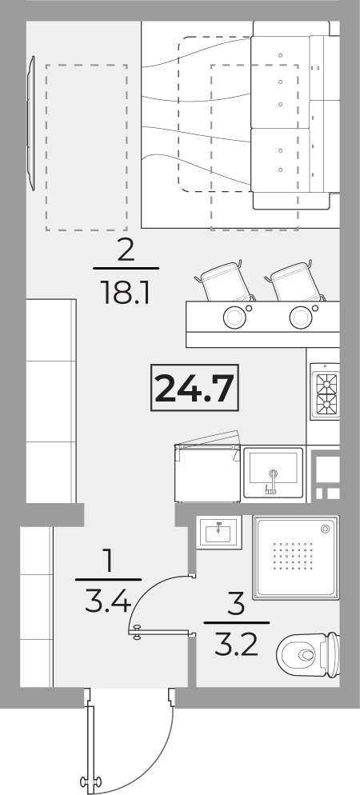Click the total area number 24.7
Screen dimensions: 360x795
point(195,388)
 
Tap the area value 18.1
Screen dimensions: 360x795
point(126,293)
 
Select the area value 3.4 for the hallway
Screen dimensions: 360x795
point(108,603)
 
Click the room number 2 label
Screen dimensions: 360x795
point(126,251)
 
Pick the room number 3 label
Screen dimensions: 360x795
point(236,605)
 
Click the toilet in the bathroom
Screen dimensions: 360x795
point(308,654)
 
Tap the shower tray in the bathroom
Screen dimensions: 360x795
point(296,557)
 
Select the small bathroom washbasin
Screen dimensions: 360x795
point(220,531)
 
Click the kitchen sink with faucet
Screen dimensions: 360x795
point(274,473)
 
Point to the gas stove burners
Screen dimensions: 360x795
point(326,392)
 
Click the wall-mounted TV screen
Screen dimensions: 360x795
point(31,123)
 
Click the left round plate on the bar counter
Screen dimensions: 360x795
point(234,317)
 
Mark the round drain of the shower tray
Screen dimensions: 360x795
point(325,529)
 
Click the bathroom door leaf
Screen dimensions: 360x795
point(162,632)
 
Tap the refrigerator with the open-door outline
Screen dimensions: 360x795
point(207,473)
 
